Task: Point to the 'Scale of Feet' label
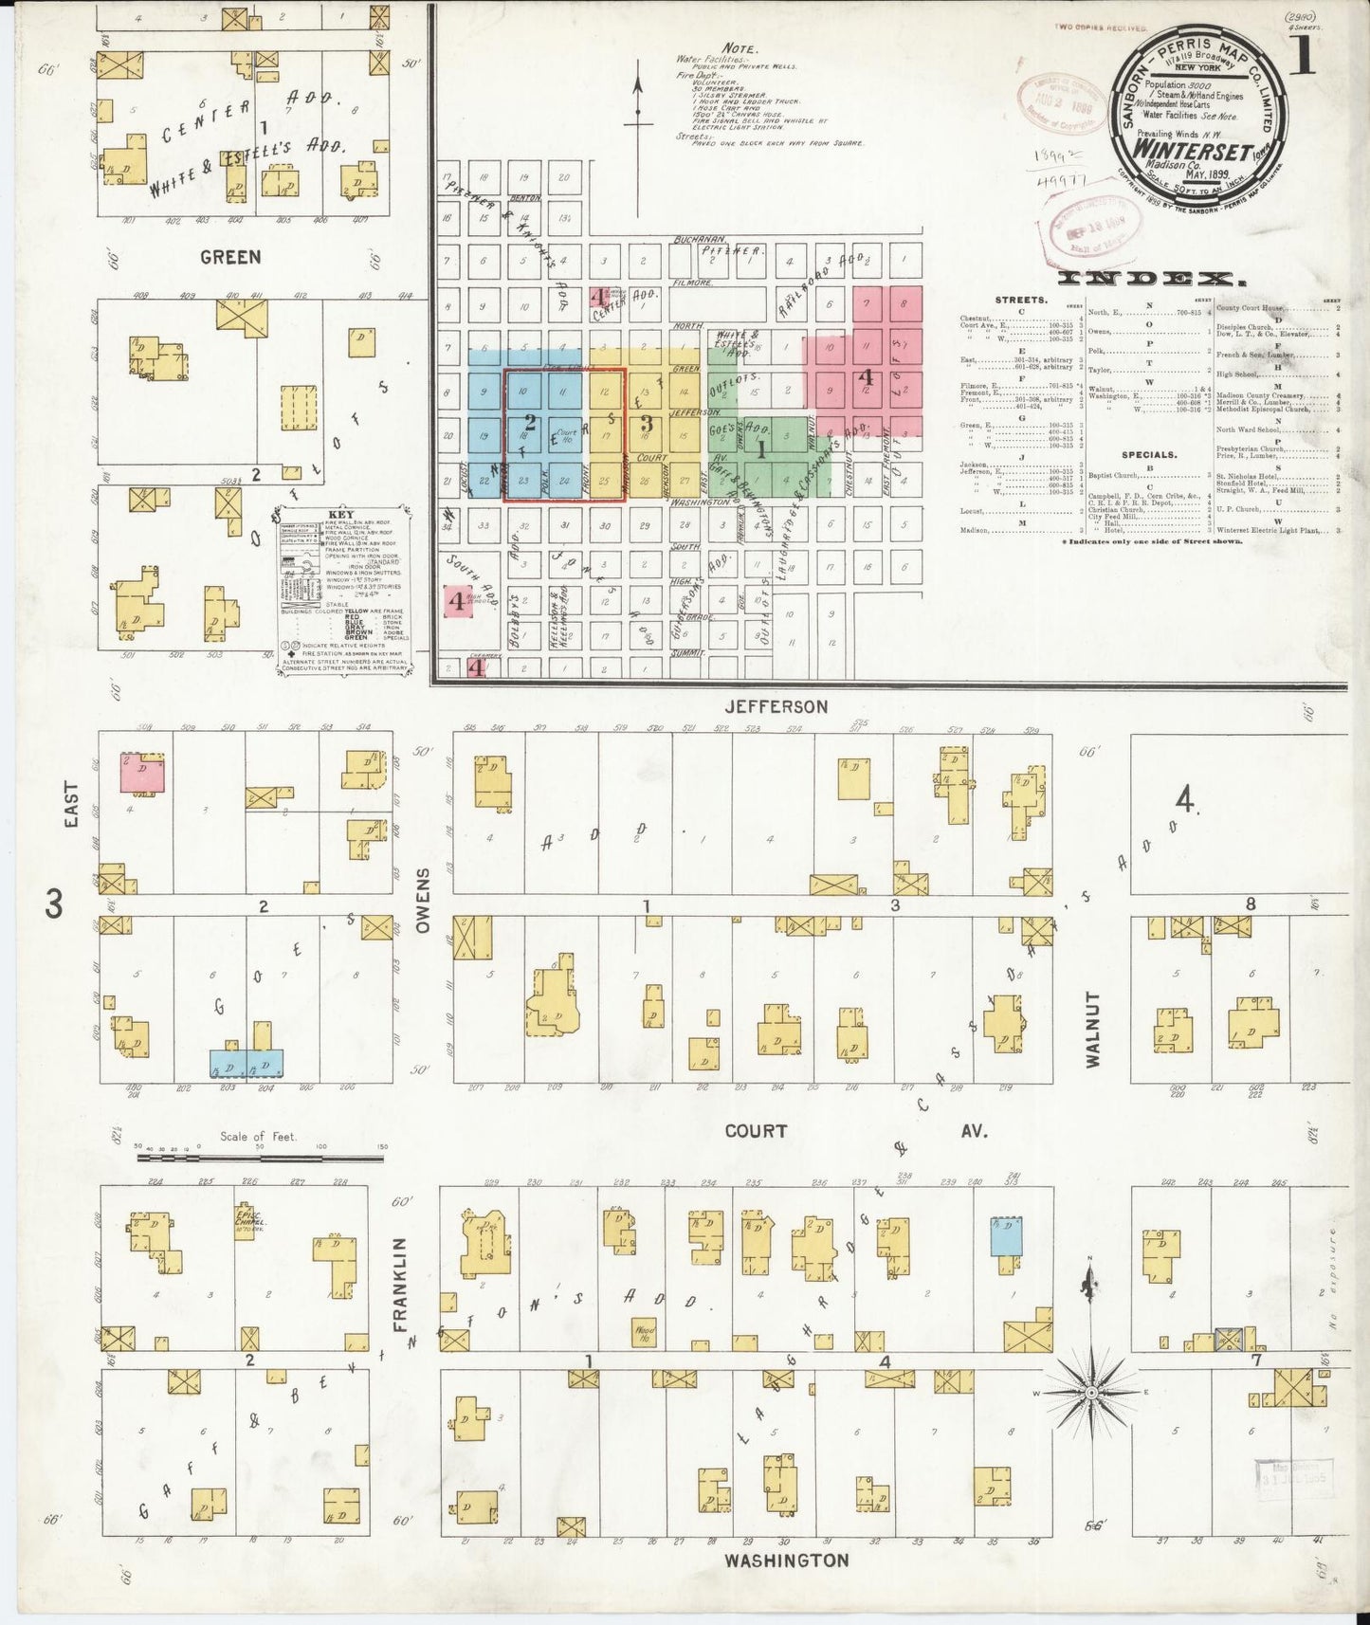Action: coord(258,1136)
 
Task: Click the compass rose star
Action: coord(1090,1391)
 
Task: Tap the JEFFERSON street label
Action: coord(776,706)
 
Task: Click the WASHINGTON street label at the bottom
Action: coord(786,1560)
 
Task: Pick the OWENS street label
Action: coord(423,900)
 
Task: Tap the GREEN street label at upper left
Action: coord(230,257)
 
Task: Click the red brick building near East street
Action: coord(142,773)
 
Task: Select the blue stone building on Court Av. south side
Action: coord(1006,1237)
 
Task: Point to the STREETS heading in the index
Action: coord(1022,300)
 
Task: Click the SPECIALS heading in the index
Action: coord(1148,454)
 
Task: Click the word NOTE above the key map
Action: coord(739,48)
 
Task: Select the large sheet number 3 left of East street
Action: coord(53,904)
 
